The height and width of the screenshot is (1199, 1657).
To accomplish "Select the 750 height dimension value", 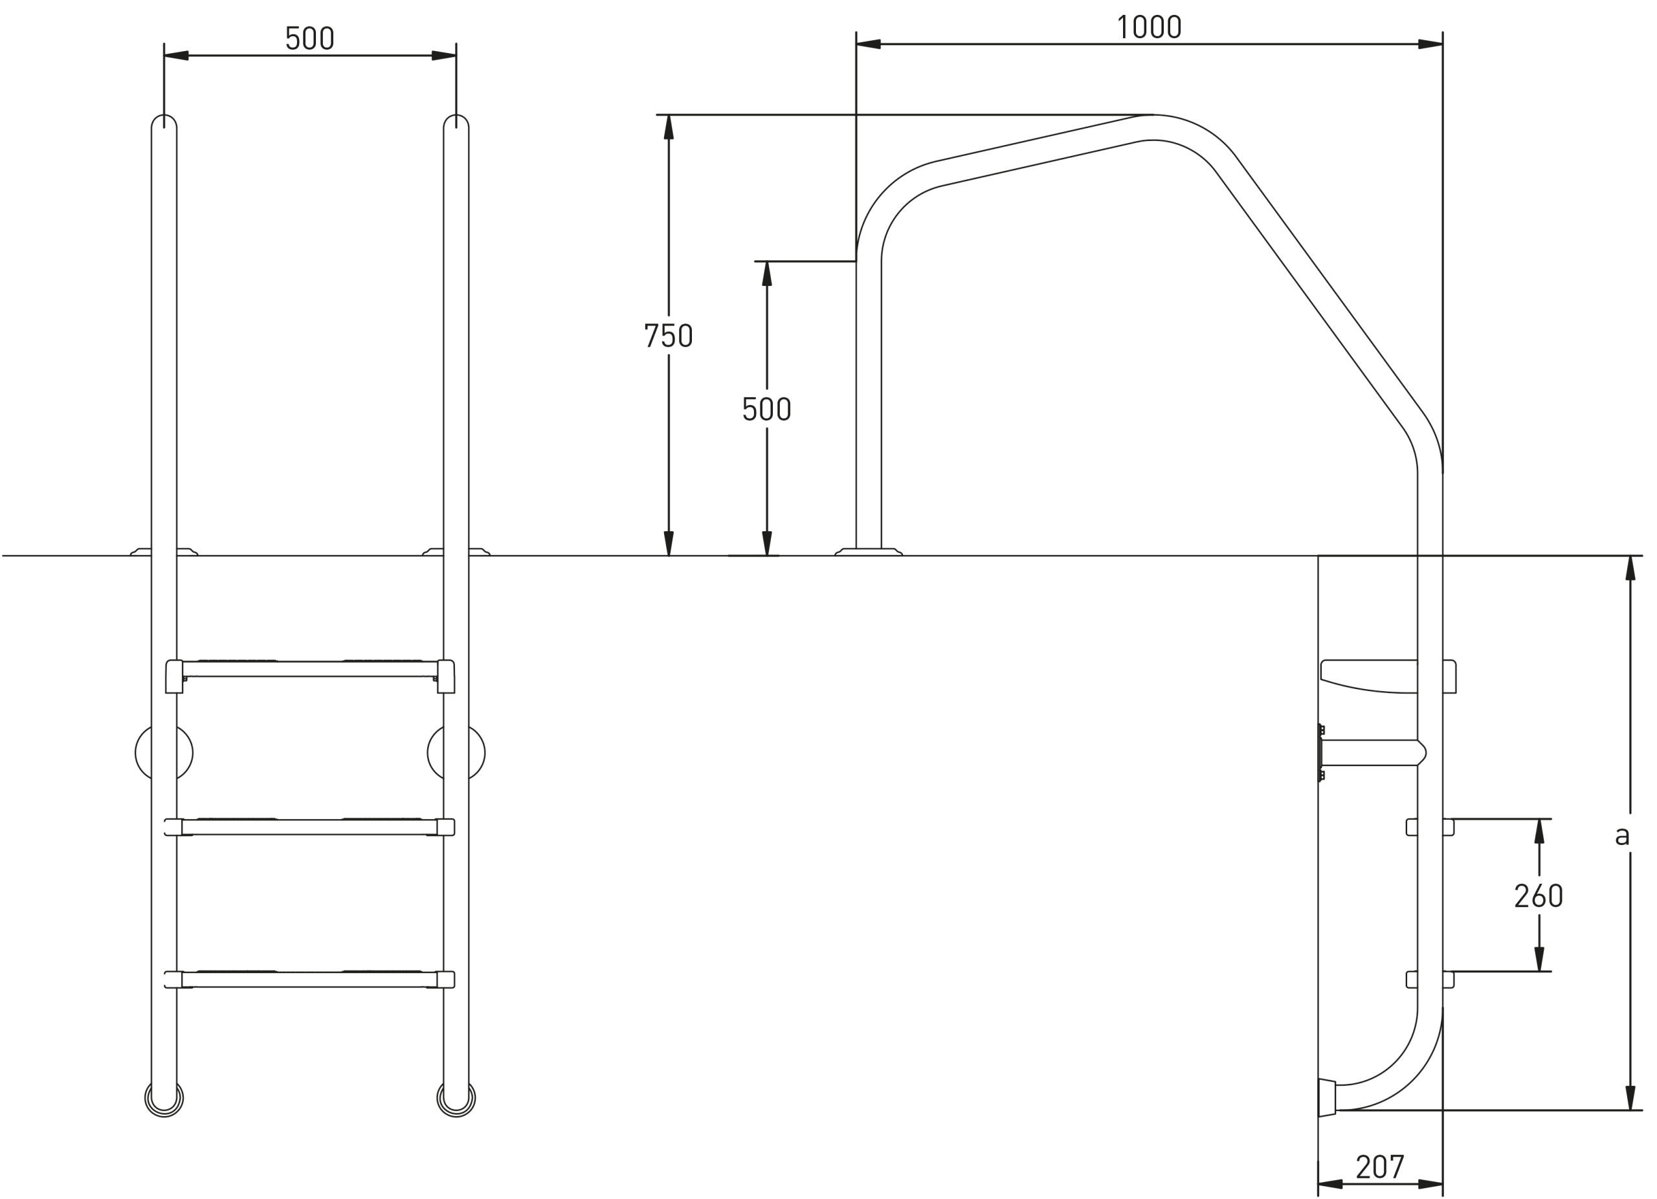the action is pyautogui.click(x=668, y=335).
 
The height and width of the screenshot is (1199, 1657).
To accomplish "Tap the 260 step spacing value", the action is pyautogui.click(x=1539, y=896).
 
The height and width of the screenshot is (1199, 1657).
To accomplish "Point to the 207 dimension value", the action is pyautogui.click(x=1380, y=1167).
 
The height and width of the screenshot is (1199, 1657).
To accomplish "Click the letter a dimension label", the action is pyautogui.click(x=1622, y=835).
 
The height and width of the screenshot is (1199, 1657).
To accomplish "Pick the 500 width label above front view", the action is pyautogui.click(x=310, y=38).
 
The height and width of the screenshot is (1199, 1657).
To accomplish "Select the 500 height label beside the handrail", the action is pyautogui.click(x=766, y=408).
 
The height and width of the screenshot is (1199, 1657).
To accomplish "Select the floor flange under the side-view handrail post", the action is pyautogui.click(x=868, y=551).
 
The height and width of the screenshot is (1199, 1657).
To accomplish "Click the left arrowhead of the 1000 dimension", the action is pyautogui.click(x=868, y=44).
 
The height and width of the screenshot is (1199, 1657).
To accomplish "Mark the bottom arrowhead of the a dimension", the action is pyautogui.click(x=1630, y=1097).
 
